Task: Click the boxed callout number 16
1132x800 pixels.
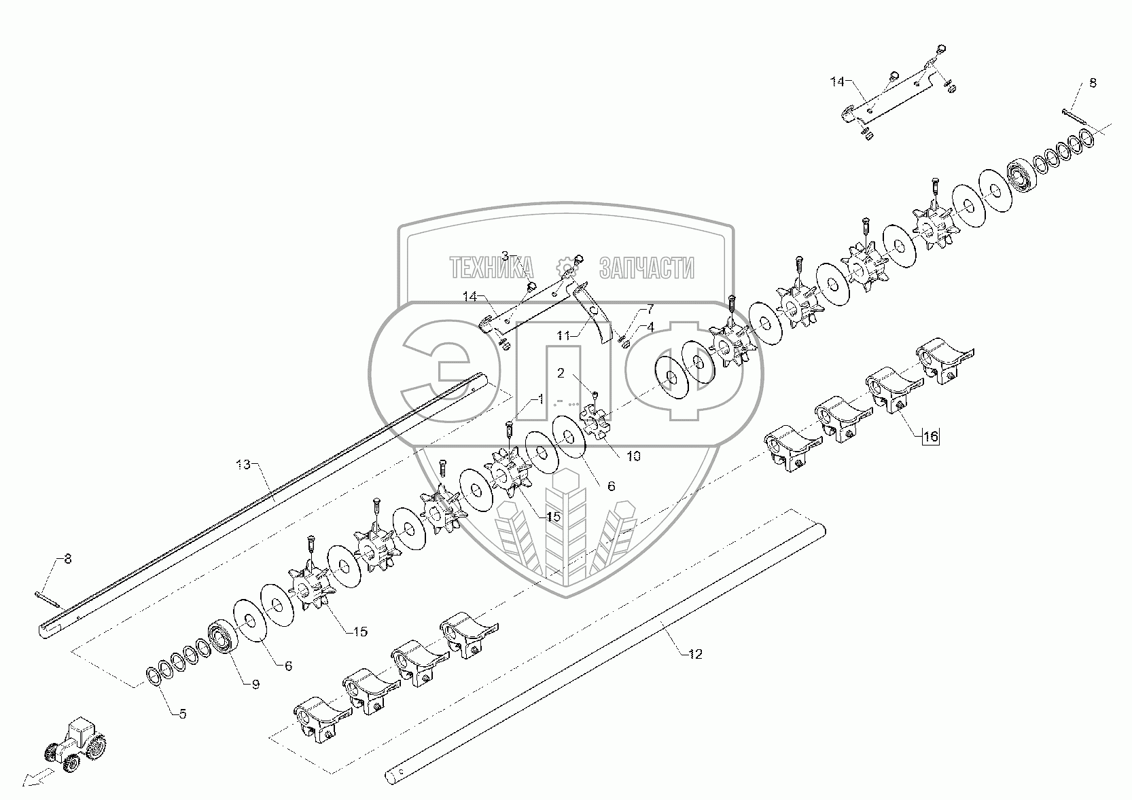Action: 930,437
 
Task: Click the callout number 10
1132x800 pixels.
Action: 633,456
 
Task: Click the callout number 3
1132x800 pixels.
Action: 505,255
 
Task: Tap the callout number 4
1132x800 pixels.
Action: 650,326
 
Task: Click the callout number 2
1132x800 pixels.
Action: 561,373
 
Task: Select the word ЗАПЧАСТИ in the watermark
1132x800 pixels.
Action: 646,268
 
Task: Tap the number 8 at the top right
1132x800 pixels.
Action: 1093,83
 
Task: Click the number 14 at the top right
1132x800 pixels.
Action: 836,81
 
